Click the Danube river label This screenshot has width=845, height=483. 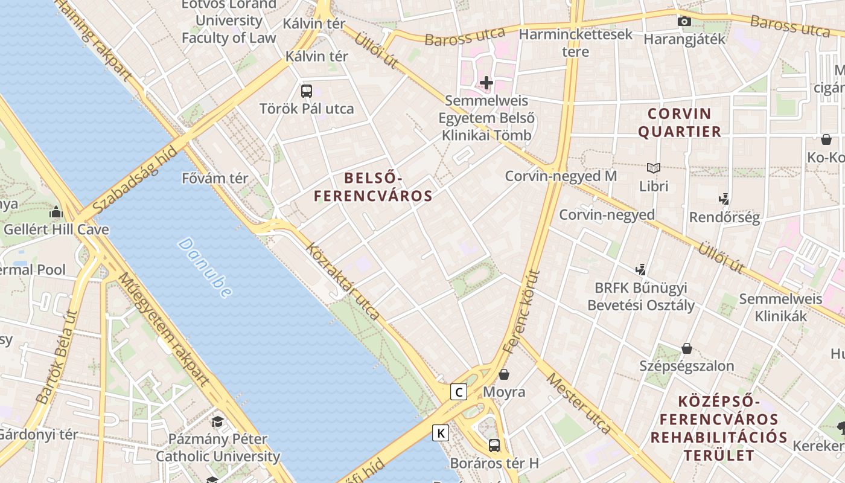point(205,267)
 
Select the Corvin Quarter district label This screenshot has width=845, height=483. point(680,123)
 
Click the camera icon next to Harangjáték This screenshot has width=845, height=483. point(684,22)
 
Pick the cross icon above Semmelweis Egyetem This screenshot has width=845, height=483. point(486,83)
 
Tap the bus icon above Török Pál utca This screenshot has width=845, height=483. point(307,91)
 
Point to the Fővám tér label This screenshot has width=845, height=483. point(215,178)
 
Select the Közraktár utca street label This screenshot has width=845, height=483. point(342,281)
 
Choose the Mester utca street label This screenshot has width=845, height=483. point(578,403)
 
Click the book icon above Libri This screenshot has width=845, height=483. point(653,168)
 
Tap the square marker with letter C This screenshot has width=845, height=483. point(459,392)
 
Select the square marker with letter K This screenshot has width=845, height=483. point(441,433)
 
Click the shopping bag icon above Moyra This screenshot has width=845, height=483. point(504,374)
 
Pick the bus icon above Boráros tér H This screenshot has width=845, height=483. point(494,446)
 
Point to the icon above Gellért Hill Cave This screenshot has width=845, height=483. point(56,212)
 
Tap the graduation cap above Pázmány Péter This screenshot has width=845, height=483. point(217,421)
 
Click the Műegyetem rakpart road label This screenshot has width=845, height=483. point(164,329)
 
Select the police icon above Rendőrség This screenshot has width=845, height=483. point(724,199)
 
